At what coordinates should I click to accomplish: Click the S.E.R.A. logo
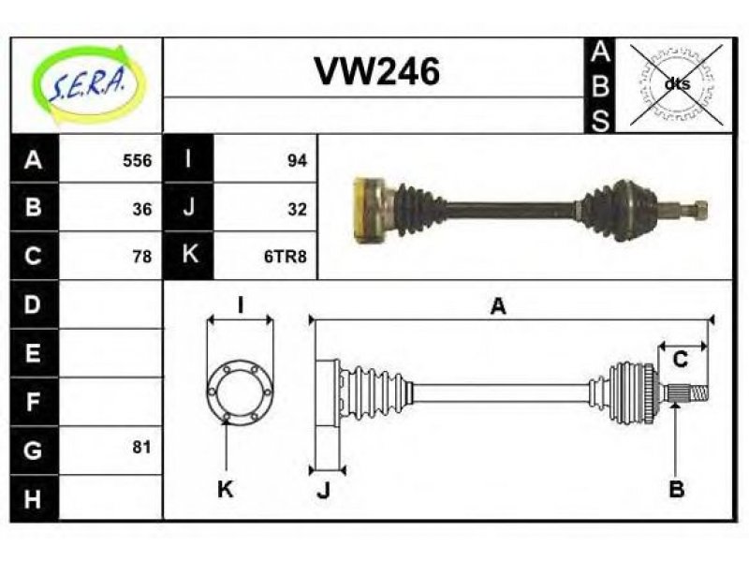(87, 85)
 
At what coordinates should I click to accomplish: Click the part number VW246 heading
(377, 72)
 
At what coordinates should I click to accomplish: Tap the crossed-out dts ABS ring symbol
(676, 84)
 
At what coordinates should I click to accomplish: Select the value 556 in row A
(137, 160)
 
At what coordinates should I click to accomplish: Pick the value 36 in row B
(142, 209)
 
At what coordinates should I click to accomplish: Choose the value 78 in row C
(142, 257)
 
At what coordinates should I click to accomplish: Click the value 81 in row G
(142, 448)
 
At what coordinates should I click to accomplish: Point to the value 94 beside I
(297, 160)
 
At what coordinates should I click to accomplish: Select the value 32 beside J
(297, 209)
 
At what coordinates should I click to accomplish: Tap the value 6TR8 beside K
(286, 257)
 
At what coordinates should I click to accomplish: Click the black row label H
(34, 498)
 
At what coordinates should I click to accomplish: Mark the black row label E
(34, 353)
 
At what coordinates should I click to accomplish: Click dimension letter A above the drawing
(498, 306)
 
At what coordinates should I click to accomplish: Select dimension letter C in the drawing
(680, 360)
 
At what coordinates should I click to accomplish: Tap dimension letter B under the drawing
(676, 489)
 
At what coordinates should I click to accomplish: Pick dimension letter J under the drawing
(324, 489)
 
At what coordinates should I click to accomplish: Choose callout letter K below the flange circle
(225, 489)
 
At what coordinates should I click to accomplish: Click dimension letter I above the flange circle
(242, 305)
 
